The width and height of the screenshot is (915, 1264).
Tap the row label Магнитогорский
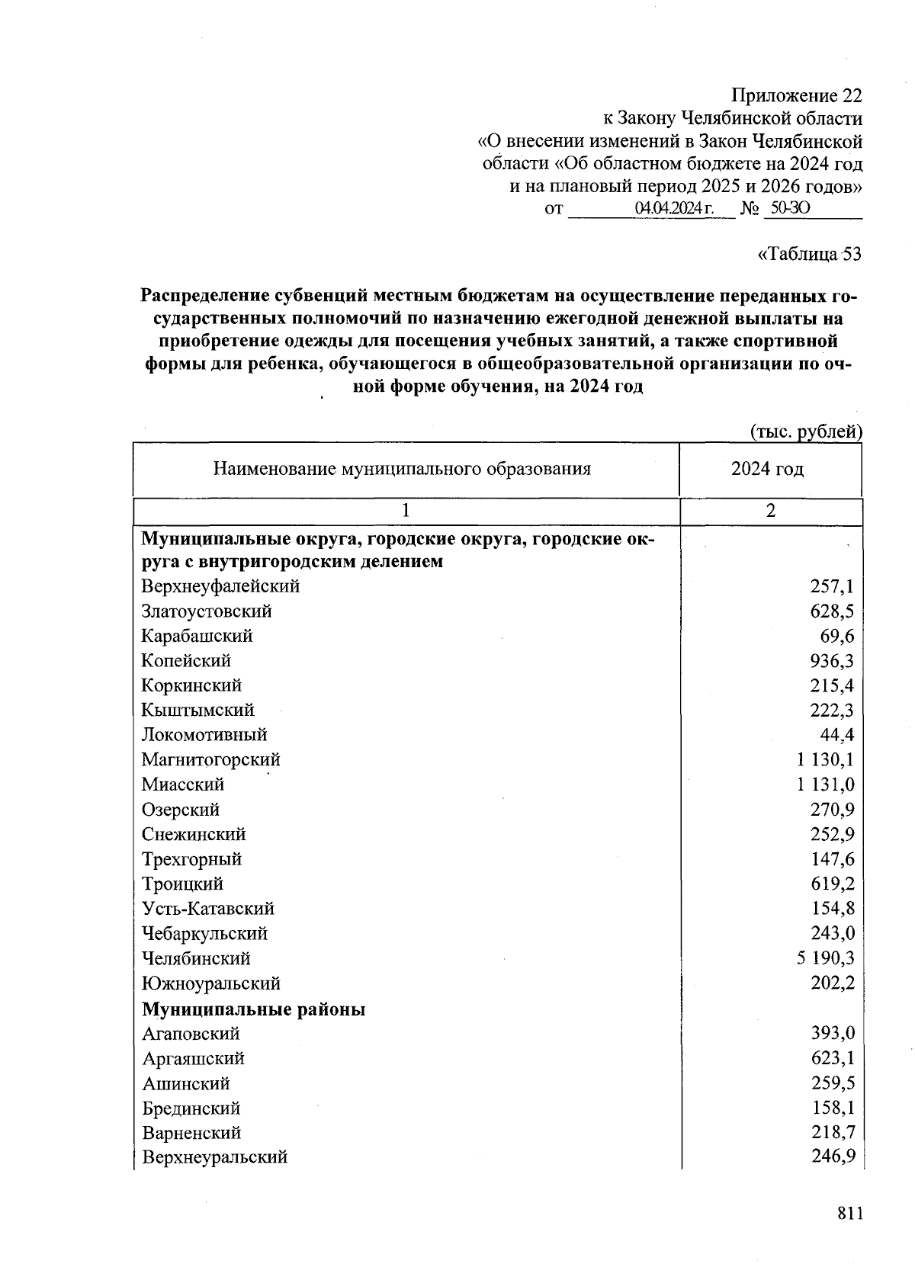coord(210,760)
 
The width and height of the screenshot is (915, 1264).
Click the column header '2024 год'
coord(767,469)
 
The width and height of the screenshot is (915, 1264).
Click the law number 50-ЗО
coord(786,208)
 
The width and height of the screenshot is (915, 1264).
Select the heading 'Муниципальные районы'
coord(253,1009)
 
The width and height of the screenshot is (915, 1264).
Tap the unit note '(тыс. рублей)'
coord(806,432)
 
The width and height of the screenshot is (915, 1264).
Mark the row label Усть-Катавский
coord(207,909)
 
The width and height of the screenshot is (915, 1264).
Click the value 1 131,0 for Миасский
coord(825,784)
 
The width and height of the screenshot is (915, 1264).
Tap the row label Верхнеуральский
coord(214,1157)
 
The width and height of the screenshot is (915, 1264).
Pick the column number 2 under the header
coord(771,512)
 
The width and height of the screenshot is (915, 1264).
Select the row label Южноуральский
coord(210,983)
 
